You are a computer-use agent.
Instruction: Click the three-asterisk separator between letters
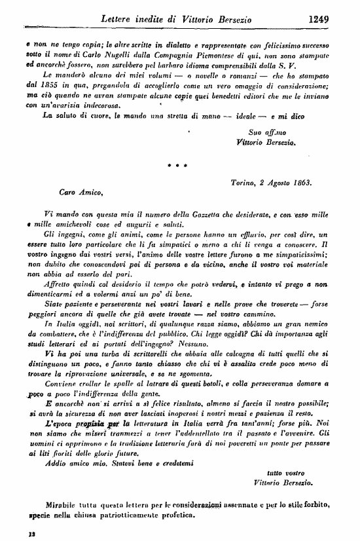(177, 166)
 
